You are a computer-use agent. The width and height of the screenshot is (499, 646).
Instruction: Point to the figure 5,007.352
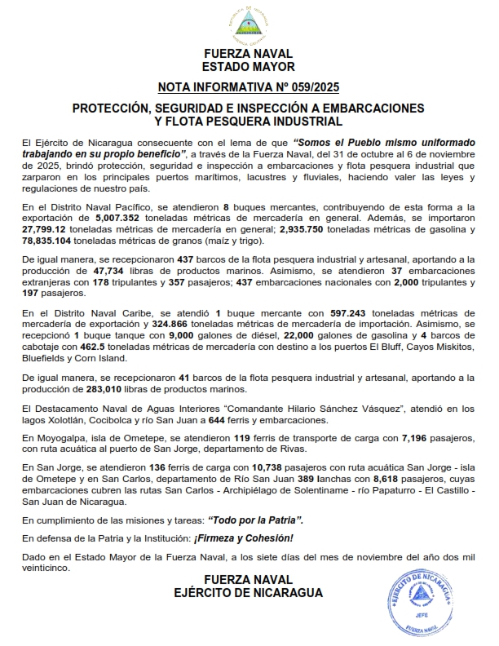click(x=122, y=219)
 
